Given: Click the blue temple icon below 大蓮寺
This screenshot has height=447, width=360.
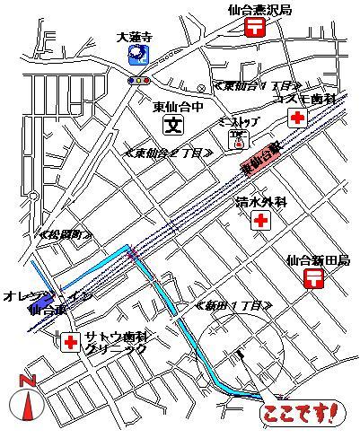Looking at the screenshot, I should coord(136,57).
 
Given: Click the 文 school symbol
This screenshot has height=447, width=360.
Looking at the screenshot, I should coord(174,125).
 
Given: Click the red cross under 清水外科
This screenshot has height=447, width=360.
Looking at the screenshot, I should coord(260,220).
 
